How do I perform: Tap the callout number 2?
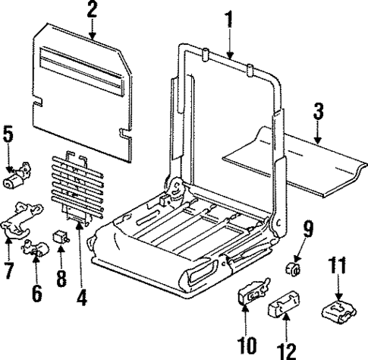click(92, 10)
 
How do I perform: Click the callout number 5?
click(8, 136)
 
